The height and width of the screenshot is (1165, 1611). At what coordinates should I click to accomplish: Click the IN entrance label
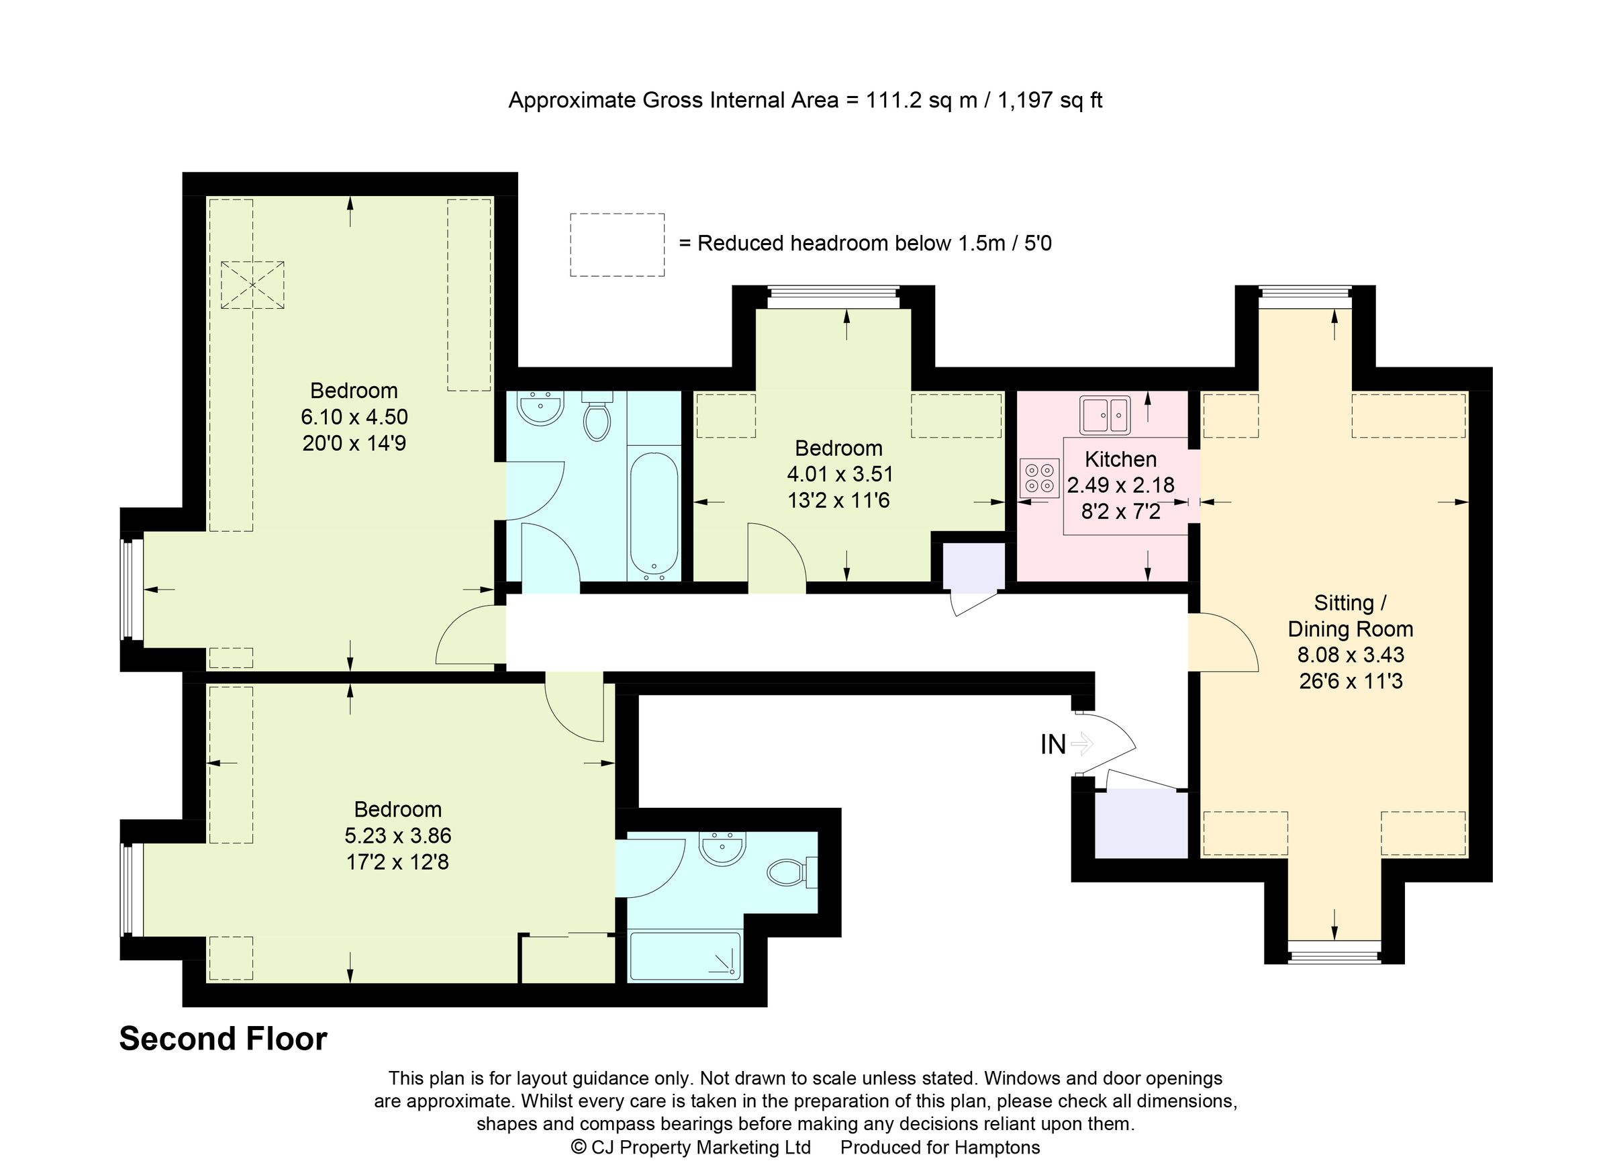tap(1053, 745)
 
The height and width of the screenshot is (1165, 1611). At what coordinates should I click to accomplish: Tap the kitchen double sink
tap(1105, 415)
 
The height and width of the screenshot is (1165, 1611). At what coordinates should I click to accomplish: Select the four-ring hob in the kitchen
tap(1039, 478)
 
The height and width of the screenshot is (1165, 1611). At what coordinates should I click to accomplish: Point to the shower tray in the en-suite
tap(685, 956)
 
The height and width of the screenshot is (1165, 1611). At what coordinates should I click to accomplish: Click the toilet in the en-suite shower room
tap(790, 872)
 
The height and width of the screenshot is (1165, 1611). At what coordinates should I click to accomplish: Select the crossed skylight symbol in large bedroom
tap(252, 285)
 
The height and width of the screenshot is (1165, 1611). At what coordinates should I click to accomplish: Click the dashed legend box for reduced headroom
tap(617, 244)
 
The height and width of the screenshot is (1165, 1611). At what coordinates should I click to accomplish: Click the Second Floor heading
tap(223, 1039)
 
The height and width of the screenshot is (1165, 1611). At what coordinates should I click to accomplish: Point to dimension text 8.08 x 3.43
tap(1351, 654)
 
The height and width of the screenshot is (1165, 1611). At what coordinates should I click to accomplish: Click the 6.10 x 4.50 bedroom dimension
tap(354, 416)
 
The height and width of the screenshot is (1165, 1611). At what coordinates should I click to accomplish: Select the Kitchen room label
tap(1120, 459)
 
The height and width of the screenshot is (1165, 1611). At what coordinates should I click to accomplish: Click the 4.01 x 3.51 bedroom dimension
tap(839, 474)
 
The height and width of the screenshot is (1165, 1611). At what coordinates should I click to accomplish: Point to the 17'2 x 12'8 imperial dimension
tap(397, 861)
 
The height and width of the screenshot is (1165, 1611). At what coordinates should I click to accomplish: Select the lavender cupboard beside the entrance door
tap(1140, 823)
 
